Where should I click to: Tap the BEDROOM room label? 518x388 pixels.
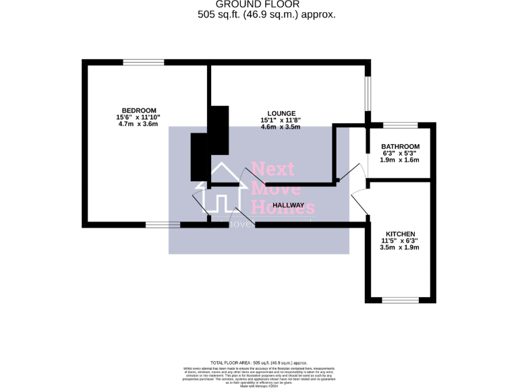tap(139, 110)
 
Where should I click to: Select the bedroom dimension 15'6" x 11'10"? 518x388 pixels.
tap(138, 117)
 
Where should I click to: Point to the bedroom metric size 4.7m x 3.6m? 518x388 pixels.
tap(138, 124)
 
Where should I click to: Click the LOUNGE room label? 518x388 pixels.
tap(281, 113)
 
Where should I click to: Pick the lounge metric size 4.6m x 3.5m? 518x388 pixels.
tap(281, 127)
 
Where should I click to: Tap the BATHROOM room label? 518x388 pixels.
tap(400, 146)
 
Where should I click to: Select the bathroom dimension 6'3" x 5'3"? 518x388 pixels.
tap(400, 153)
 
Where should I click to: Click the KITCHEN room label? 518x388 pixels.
tap(400, 233)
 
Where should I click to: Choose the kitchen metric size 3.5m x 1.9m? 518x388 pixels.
tap(400, 247)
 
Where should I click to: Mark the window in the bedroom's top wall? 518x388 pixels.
tap(143, 63)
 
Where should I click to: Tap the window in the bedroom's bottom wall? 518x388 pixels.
tap(163, 224)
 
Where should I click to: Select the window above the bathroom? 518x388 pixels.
tap(401, 125)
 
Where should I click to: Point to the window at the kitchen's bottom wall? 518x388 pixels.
tap(401, 300)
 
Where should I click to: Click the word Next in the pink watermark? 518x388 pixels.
tap(274, 170)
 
